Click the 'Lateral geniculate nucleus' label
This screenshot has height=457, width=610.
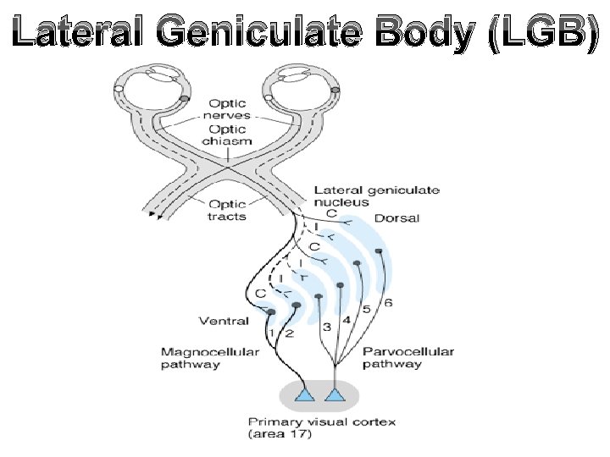tap(376, 196)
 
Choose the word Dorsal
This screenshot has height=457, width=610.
tap(396, 218)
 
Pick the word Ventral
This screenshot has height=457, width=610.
tap(224, 321)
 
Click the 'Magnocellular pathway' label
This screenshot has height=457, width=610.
tap(203, 358)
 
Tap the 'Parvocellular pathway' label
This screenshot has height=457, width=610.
tap(408, 358)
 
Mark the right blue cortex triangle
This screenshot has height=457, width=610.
tap(336, 395)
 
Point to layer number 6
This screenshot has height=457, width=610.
tap(388, 303)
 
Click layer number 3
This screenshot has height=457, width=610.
tap(327, 327)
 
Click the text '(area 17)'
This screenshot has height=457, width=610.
tap(279, 435)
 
